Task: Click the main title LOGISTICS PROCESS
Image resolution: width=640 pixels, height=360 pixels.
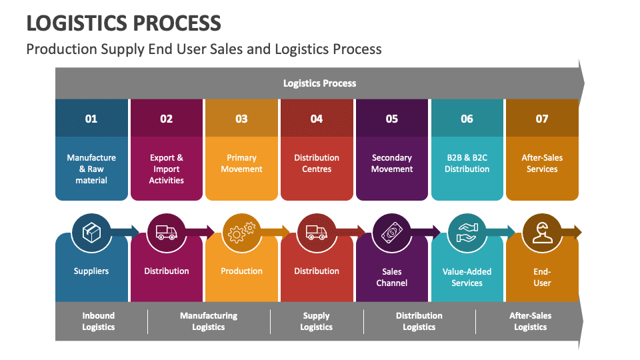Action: tap(123, 23)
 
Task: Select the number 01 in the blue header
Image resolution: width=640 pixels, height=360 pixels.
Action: tap(91, 119)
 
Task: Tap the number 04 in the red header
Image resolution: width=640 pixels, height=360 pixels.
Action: tap(317, 119)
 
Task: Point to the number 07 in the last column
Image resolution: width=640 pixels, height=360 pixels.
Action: tap(542, 119)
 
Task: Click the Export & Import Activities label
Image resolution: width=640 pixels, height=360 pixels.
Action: tap(166, 169)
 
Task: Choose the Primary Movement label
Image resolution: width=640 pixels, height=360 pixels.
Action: tap(241, 163)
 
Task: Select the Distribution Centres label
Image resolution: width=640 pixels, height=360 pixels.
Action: tap(317, 163)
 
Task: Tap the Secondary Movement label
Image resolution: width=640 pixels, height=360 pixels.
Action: tap(392, 163)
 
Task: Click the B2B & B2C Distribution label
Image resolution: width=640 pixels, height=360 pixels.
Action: tap(467, 163)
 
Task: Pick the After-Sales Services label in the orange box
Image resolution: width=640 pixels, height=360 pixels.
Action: tap(542, 163)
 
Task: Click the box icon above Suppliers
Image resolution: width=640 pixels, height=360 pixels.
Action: tap(91, 232)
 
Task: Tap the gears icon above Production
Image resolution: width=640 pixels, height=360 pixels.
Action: tap(241, 232)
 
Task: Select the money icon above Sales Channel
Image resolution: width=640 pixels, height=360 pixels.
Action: tap(392, 232)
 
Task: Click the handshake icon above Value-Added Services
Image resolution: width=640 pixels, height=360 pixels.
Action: tap(467, 232)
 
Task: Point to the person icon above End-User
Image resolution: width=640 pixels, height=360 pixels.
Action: tap(542, 232)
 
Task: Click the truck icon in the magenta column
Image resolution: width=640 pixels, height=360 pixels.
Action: tap(166, 232)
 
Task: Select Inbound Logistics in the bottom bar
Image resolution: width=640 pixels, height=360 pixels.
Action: tap(99, 321)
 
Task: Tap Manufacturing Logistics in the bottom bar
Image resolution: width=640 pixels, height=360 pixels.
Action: tap(209, 321)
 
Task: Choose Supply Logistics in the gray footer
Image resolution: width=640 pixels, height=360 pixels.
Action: tap(317, 321)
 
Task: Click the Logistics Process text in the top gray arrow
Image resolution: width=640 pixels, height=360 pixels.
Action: tap(320, 83)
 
